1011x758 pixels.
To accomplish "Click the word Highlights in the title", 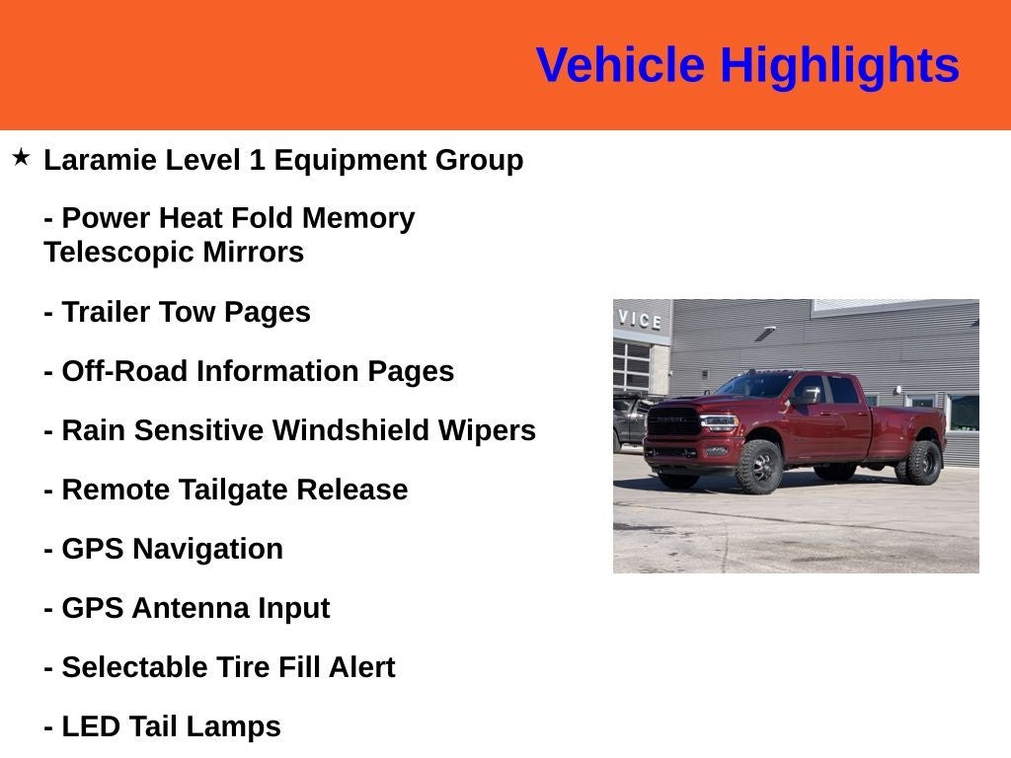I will click(x=839, y=66).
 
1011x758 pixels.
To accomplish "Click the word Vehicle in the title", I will click(x=620, y=66).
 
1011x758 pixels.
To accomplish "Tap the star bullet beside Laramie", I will click(x=21, y=157).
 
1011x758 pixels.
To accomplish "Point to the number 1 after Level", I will click(x=257, y=160).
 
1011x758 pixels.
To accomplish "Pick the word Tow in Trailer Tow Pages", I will click(x=188, y=312).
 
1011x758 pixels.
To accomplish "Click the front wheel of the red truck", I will click(x=758, y=467).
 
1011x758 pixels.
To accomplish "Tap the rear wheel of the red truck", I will click(x=922, y=462).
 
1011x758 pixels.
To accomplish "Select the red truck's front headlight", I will click(x=718, y=421).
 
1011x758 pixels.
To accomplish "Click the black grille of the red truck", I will click(x=674, y=422).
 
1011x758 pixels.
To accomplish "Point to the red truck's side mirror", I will click(x=808, y=396).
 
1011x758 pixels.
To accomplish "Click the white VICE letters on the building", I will click(x=640, y=320).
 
